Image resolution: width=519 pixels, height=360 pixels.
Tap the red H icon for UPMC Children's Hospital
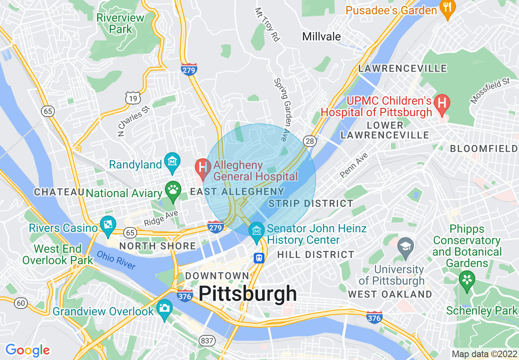point(442,103)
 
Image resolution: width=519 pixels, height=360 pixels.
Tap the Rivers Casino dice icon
point(108,226)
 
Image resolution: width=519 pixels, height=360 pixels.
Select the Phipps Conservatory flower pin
point(467,281)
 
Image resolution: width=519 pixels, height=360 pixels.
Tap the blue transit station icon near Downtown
point(259,258)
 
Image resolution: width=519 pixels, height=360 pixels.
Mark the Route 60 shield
point(21,303)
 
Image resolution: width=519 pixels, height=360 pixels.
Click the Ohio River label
point(116,260)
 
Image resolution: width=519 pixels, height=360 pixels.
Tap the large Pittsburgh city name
point(248,294)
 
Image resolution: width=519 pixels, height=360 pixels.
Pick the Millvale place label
point(321,36)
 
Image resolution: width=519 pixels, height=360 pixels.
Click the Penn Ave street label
point(354,165)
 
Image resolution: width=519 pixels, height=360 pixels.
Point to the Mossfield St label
point(490,90)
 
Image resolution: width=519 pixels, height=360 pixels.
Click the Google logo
point(27,350)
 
